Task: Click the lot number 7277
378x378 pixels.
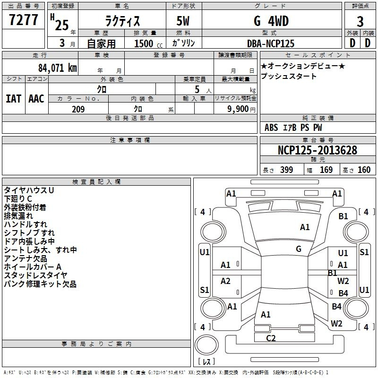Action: [24, 20]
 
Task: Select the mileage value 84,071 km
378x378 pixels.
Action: [58, 68]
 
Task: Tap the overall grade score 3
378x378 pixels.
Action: [360, 21]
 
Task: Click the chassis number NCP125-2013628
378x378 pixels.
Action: [318, 150]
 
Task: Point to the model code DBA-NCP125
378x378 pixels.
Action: [271, 43]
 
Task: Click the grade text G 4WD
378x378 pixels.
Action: [271, 21]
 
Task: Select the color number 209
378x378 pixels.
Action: [78, 109]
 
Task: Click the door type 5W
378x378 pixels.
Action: [183, 21]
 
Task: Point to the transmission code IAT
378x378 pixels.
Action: [14, 99]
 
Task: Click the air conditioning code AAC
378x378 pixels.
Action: [36, 99]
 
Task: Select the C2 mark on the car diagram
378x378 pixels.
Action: [271, 338]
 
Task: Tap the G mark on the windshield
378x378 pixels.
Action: [299, 249]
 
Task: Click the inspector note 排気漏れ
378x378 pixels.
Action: [18, 216]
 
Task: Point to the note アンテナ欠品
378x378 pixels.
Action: [26, 258]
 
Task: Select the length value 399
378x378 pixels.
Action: [286, 170]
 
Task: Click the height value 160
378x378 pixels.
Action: [364, 170]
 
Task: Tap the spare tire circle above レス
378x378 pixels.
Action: [206, 345]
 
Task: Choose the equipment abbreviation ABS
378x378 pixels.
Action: [271, 128]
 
